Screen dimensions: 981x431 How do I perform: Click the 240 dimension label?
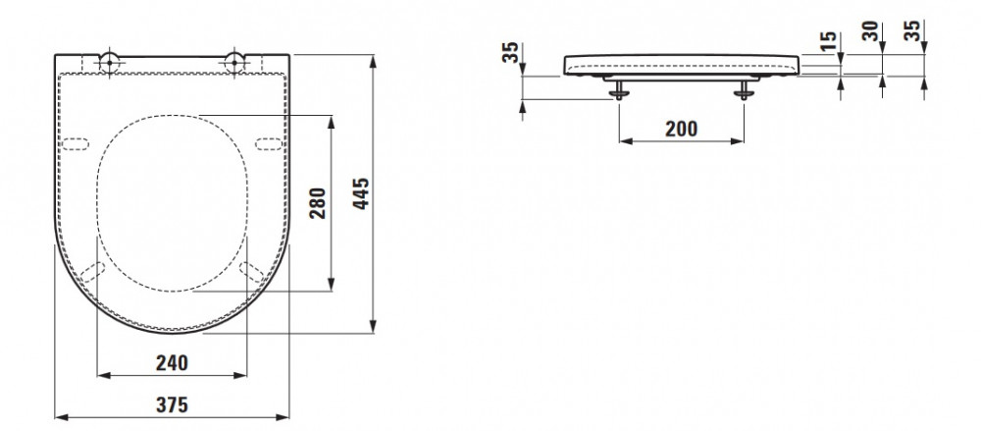172,362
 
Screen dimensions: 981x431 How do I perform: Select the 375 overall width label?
172,405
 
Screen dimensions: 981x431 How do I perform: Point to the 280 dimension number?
318,203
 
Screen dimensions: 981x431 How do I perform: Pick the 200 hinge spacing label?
682,129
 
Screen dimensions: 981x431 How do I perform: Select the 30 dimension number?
870,30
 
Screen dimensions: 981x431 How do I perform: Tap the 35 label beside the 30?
914,30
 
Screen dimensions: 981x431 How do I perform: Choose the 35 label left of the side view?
510,52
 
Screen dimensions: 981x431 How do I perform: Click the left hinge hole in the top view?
109,62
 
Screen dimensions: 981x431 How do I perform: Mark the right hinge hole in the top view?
234,62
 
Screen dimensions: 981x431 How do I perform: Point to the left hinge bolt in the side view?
619,90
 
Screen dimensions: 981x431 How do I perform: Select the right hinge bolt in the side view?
744,90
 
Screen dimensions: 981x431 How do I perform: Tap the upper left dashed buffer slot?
76,144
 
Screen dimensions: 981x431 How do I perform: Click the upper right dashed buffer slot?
269,144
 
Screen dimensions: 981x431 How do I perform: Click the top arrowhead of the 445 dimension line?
373,61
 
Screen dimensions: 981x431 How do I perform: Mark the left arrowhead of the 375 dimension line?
61,416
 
